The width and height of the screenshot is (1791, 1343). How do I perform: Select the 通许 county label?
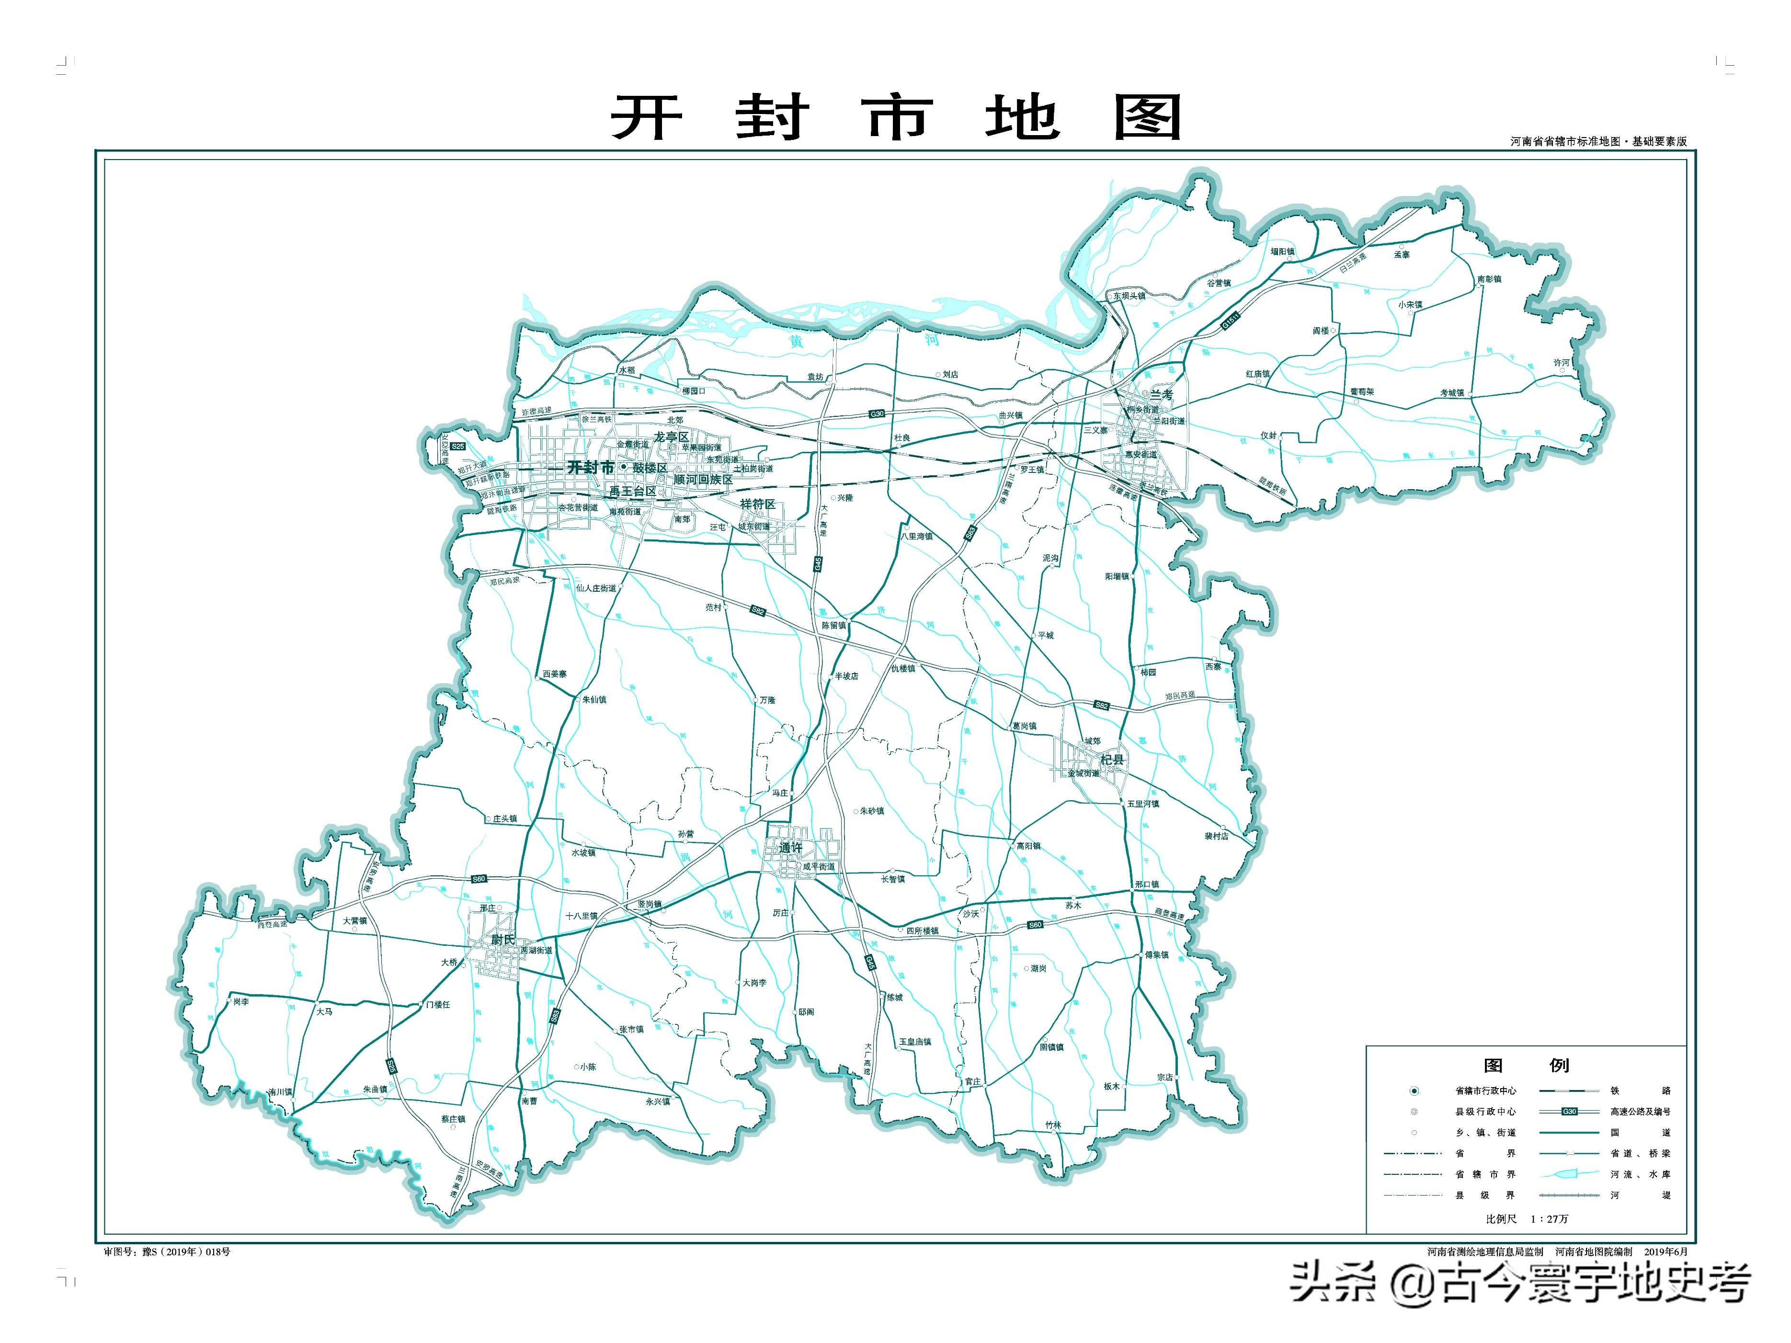pos(790,848)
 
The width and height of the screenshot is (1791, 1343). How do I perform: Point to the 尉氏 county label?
pos(503,940)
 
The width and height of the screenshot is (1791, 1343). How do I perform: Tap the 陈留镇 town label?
pos(834,625)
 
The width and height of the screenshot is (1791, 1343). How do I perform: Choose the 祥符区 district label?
pos(758,504)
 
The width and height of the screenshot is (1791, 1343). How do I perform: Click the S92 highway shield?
pos(758,611)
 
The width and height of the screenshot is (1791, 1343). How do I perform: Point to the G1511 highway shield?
pos(1230,321)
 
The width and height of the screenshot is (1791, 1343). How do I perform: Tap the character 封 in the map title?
pos(772,117)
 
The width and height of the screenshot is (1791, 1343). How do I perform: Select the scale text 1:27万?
pos(1549,1218)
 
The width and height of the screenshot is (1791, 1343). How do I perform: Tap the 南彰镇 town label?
pos(1489,279)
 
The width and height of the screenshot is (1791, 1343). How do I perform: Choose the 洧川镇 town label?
pos(280,1092)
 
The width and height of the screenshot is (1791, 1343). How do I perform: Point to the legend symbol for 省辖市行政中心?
pos(1414,1091)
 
